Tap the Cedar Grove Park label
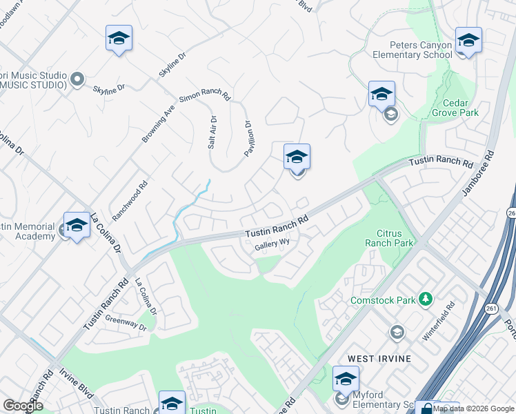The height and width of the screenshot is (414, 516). point(455,107)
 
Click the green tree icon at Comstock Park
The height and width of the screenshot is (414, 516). point(426,299)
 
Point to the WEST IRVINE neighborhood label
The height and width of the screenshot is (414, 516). point(379,359)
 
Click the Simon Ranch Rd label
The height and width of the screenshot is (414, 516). point(204,99)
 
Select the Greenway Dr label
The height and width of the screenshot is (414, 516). point(126,323)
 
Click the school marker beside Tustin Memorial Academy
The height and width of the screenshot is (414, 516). point(77,226)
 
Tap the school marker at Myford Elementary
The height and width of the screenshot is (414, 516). point(346,380)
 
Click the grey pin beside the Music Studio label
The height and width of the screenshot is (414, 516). point(77,80)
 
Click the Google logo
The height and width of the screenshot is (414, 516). point(23,406)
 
